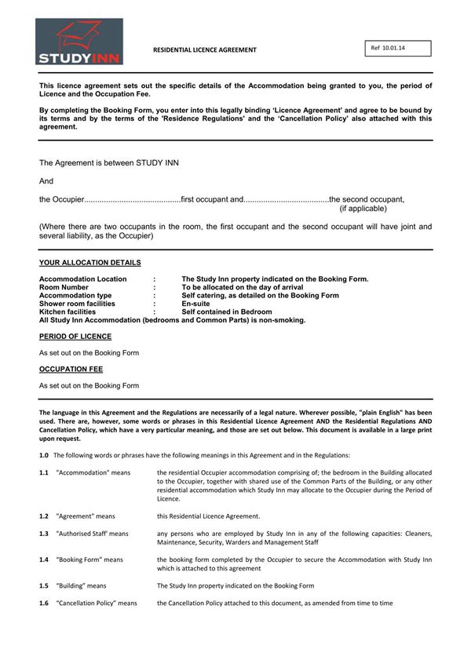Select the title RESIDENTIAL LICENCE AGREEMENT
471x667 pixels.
pyautogui.click(x=204, y=49)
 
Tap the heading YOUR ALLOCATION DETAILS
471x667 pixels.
pyautogui.click(x=90, y=263)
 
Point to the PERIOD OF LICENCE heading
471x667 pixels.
pyautogui.click(x=75, y=337)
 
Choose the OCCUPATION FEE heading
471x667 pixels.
pyautogui.click(x=71, y=369)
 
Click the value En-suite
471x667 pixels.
pyautogui.click(x=196, y=304)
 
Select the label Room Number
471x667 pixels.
pyautogui.click(x=64, y=287)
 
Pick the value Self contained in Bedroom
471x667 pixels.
pyautogui.click(x=227, y=312)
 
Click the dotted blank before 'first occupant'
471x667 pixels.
pyautogui.click(x=132, y=199)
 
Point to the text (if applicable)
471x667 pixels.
pyautogui.click(x=363, y=209)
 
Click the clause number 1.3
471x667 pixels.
pyautogui.click(x=44, y=534)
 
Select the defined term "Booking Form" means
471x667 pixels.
pyautogui.click(x=89, y=559)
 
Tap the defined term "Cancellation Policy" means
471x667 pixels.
pyautogui.click(x=97, y=603)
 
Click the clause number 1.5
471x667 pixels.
pyautogui.click(x=44, y=585)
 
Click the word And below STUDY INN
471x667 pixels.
pyautogui.click(x=46, y=180)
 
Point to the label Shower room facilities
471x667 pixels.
pyautogui.click(x=77, y=304)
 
